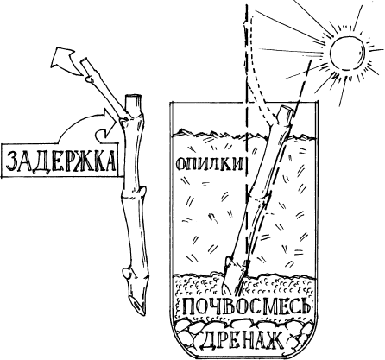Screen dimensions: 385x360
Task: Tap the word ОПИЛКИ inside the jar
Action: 210,164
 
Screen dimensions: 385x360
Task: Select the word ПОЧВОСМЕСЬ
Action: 247,306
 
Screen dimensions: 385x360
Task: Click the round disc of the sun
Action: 347,53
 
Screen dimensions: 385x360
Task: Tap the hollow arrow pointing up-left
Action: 66,61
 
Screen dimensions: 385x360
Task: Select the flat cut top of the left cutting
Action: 133,98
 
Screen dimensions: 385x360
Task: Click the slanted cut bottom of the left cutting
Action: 137,306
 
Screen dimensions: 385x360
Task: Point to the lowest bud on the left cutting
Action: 126,272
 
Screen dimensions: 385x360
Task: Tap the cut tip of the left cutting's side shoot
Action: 84,60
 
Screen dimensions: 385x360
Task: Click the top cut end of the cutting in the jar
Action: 287,109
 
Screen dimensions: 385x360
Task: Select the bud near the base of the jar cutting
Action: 228,262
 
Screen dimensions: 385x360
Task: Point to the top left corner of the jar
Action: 170,103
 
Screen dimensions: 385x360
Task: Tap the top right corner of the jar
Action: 318,103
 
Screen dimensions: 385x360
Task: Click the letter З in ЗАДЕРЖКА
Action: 13,161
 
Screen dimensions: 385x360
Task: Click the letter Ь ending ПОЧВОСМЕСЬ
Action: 305,306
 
